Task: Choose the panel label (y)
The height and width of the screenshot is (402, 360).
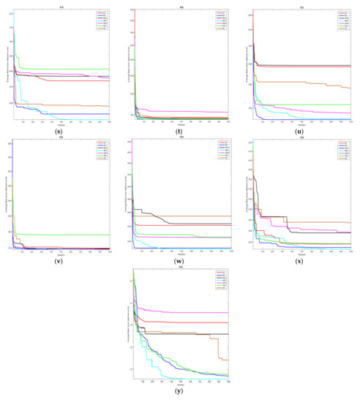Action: (181, 391)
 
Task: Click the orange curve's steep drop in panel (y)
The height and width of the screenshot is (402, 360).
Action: (219, 349)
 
